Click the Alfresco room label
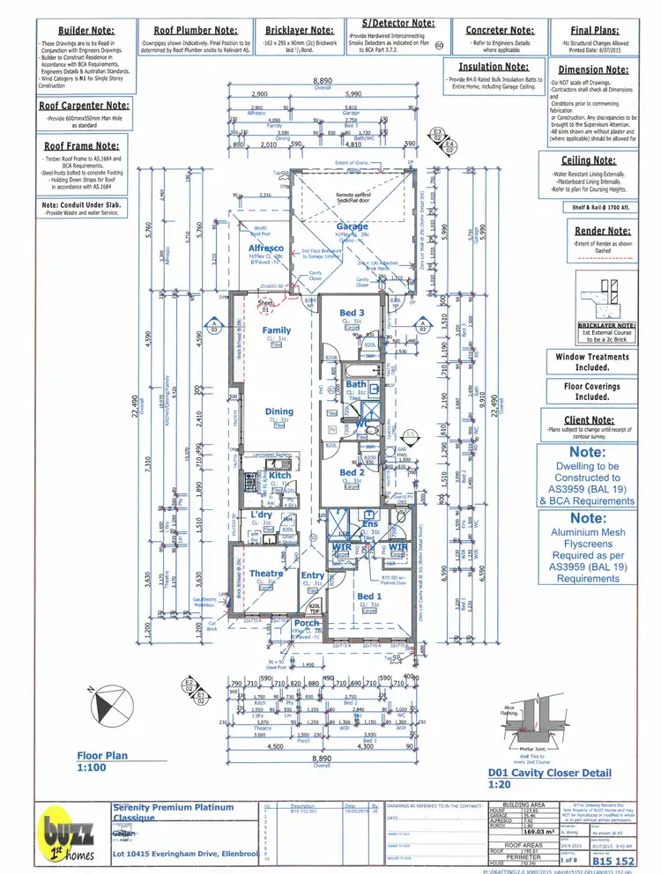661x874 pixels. [265, 249]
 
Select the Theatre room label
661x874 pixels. [265, 574]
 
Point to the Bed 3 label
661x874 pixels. [352, 314]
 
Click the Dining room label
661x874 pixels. [279, 411]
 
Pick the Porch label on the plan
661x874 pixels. [307, 624]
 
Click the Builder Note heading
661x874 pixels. [86, 29]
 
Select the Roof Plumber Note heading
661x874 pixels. [192, 29]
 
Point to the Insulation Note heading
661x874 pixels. [493, 66]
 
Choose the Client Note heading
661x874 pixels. [588, 420]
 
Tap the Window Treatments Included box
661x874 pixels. [592, 362]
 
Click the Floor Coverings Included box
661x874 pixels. [592, 391]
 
